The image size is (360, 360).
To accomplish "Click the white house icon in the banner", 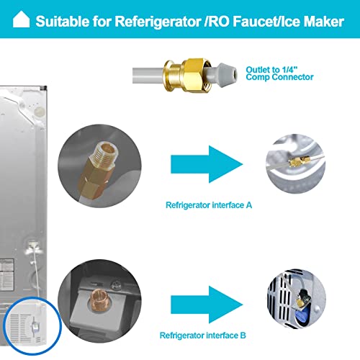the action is (x=21, y=19).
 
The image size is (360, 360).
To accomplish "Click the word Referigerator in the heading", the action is (x=158, y=22).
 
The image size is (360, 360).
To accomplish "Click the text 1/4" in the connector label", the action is (x=289, y=70).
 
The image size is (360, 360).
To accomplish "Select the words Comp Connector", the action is (x=279, y=77).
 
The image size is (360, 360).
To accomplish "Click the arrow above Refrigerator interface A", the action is (x=207, y=164).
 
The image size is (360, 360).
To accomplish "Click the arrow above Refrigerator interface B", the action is (x=207, y=305).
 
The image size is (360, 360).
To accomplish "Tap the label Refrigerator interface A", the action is (x=209, y=205).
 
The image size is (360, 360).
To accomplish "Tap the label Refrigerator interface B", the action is (x=203, y=336).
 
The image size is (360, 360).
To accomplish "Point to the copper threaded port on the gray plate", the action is (x=99, y=300).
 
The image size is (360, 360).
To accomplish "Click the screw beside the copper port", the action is (x=115, y=285).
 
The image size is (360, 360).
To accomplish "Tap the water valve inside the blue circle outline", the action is (x=35, y=325).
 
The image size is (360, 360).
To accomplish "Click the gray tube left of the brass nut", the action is (x=148, y=76).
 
